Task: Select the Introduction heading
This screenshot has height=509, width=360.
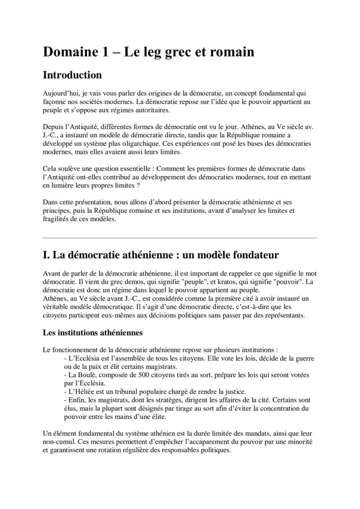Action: (x=72, y=75)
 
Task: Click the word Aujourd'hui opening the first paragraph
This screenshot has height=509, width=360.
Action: (x=60, y=93)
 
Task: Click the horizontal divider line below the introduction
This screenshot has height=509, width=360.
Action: (x=180, y=238)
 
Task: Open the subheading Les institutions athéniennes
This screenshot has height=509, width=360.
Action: (x=93, y=333)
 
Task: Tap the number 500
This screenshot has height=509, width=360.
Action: (x=136, y=375)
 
